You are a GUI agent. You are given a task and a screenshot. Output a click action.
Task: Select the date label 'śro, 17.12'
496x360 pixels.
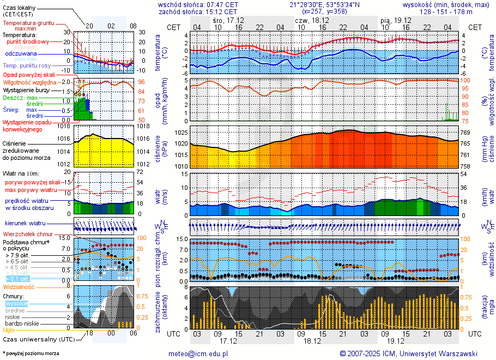(228, 20)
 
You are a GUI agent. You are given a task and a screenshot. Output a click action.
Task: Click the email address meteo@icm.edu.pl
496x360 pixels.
(198, 353)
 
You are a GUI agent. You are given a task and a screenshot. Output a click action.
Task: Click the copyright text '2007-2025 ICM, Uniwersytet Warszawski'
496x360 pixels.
(408, 353)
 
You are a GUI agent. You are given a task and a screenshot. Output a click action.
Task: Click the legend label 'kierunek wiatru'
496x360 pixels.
(25, 224)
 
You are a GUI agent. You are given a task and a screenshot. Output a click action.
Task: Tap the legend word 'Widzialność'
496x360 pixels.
(19, 286)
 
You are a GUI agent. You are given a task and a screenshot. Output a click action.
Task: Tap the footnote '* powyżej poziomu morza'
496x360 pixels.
(31, 353)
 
